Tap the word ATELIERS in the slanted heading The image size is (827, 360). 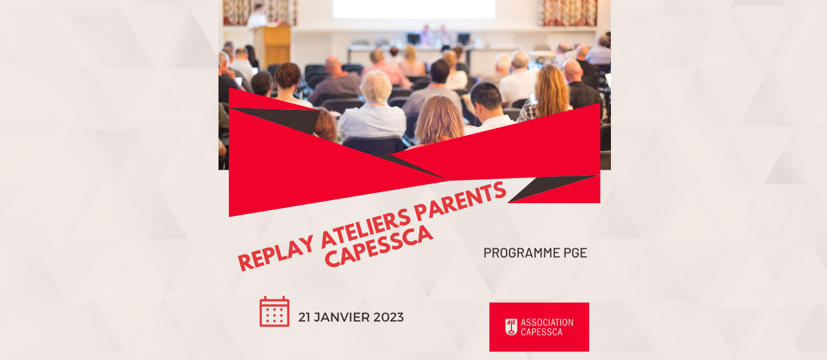[x=366, y=228]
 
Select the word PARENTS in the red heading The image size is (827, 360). [x=460, y=201]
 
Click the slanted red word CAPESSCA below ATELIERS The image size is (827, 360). [x=379, y=247]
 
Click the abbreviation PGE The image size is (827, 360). [x=575, y=253]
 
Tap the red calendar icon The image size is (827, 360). [x=274, y=312]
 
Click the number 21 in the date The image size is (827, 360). [x=304, y=317]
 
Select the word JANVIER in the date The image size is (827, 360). [x=342, y=317]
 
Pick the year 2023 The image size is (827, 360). [x=388, y=317]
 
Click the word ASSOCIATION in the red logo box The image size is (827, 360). [x=547, y=322]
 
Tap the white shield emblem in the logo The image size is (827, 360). [x=511, y=327]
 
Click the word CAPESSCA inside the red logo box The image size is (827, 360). [x=541, y=332]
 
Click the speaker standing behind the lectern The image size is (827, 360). [x=257, y=16]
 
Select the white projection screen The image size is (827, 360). [x=414, y=9]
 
